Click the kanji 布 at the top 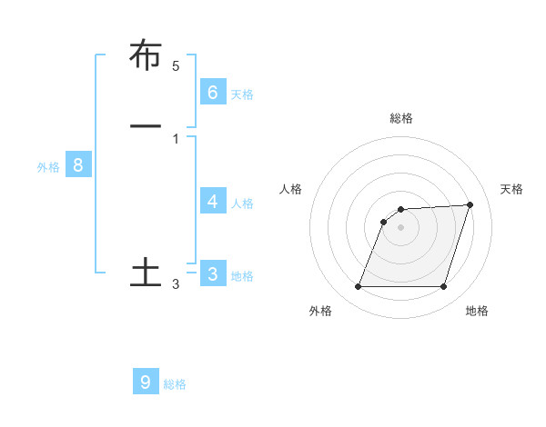(146, 55)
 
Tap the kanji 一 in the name (146, 124)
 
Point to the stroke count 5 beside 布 (176, 66)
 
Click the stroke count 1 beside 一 (176, 139)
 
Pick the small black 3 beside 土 (176, 285)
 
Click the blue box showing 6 (213, 92)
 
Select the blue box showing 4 (213, 201)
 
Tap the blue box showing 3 (213, 273)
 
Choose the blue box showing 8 (78, 165)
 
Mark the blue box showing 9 (146, 382)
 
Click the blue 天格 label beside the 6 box (242, 94)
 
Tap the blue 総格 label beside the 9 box (175, 385)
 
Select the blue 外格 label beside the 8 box (48, 168)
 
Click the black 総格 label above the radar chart (401, 118)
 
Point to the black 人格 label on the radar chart (290, 189)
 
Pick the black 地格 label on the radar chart (477, 311)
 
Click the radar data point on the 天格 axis (470, 204)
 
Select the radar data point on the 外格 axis (359, 287)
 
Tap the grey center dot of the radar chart (401, 227)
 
